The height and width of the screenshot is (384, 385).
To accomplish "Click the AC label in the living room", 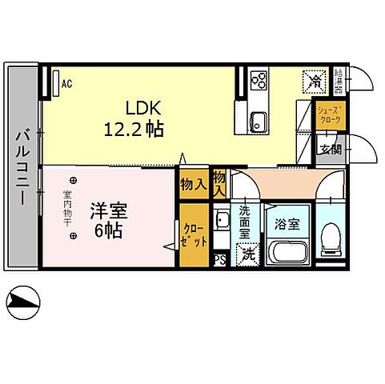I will (x=66, y=82).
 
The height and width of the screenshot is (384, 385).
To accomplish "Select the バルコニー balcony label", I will (x=22, y=166).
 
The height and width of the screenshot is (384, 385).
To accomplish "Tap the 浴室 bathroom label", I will (x=287, y=224).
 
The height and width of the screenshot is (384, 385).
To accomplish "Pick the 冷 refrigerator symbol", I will (x=315, y=81).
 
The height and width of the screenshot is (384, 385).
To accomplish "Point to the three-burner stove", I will (x=260, y=80).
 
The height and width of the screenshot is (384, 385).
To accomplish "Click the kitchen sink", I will (x=259, y=122).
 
